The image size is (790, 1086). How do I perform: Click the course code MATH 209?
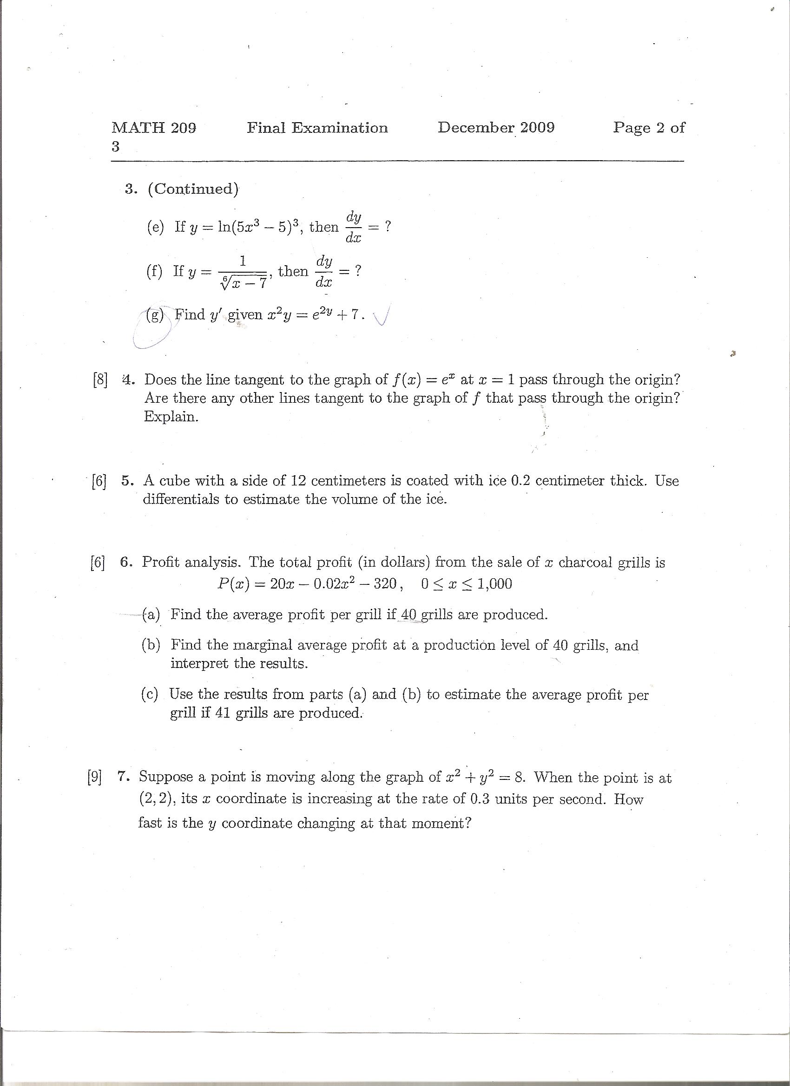(x=154, y=128)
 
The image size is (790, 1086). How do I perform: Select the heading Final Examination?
(x=317, y=128)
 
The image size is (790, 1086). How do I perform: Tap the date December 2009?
(x=496, y=127)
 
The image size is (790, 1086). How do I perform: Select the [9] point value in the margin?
(x=94, y=777)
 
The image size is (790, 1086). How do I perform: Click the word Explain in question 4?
(x=171, y=417)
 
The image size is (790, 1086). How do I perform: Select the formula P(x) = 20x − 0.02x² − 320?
(x=307, y=584)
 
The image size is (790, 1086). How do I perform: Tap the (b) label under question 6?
(x=151, y=645)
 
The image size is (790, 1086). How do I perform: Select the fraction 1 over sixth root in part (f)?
(x=243, y=273)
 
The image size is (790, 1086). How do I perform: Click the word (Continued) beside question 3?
(x=193, y=189)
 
